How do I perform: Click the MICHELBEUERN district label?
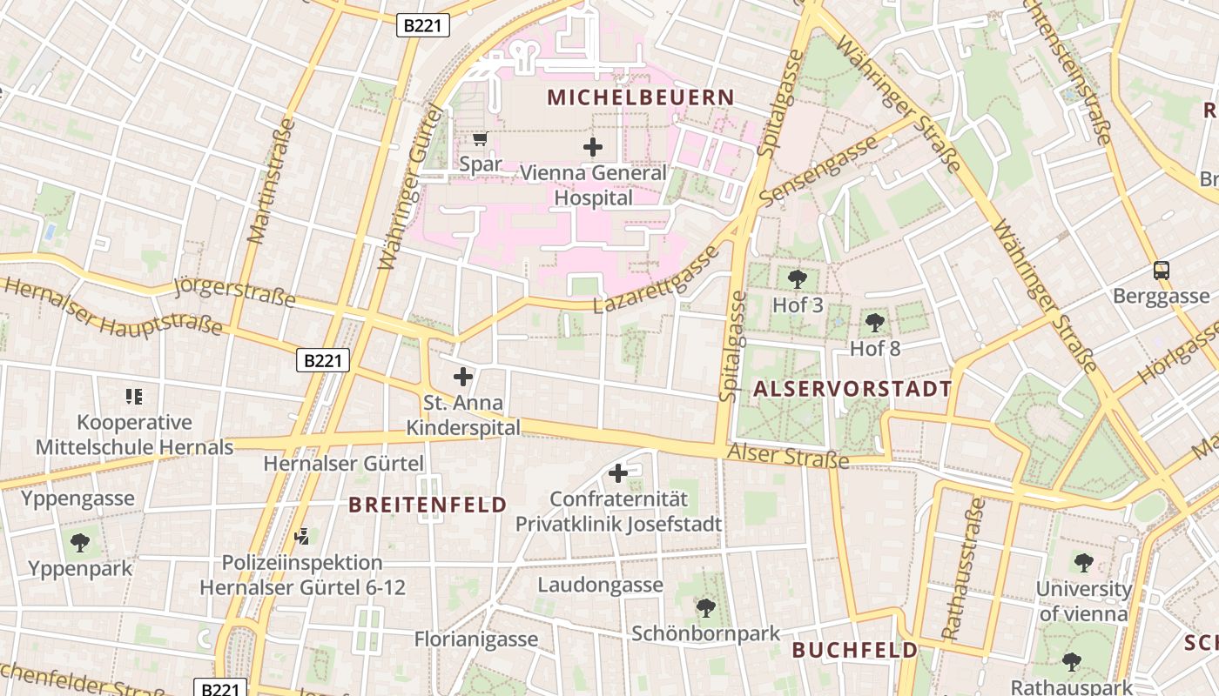tap(641, 97)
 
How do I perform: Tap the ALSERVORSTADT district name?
tap(852, 389)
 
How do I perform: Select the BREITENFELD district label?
tap(428, 505)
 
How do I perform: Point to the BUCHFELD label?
tap(854, 650)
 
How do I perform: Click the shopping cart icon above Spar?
tap(480, 139)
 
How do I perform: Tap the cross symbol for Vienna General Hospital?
tap(593, 146)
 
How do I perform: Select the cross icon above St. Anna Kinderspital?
tap(463, 377)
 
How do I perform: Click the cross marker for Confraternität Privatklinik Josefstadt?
tap(618, 473)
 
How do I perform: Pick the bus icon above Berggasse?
tap(1161, 271)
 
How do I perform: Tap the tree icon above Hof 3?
tap(797, 279)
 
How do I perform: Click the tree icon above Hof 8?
tap(875, 323)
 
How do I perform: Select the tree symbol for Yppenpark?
tap(80, 543)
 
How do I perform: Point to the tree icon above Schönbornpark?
tap(705, 607)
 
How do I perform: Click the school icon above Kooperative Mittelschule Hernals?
tap(134, 397)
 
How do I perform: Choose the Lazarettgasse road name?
tap(657, 279)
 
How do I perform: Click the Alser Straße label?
tap(788, 456)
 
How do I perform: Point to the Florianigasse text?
tap(475, 639)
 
